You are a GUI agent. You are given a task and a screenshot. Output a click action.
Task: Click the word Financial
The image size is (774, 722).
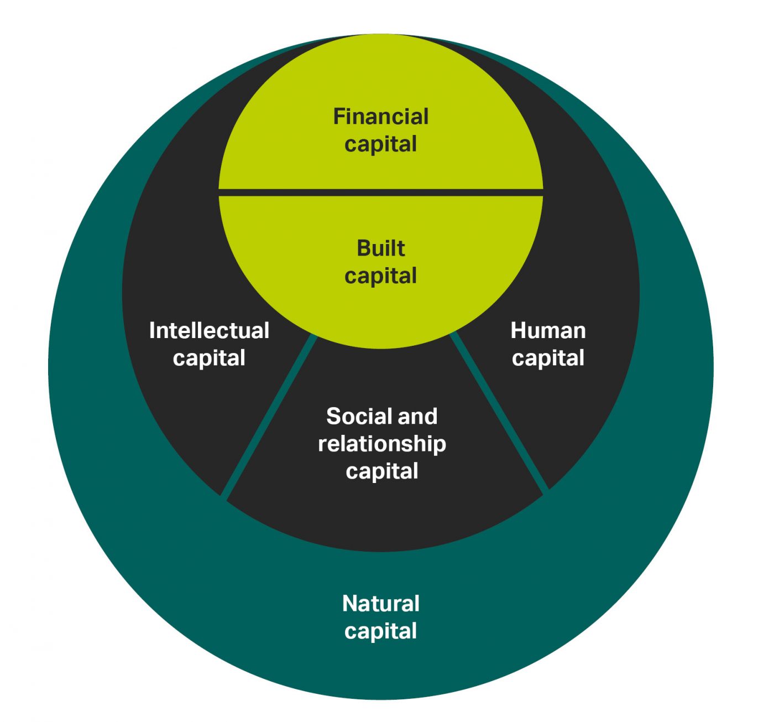pyautogui.click(x=380, y=117)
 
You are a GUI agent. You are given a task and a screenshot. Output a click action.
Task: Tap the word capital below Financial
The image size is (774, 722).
pyautogui.click(x=380, y=145)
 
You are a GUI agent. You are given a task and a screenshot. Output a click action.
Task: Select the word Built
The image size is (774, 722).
pyautogui.click(x=380, y=248)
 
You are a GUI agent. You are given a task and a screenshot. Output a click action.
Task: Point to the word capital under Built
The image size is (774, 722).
pyautogui.click(x=380, y=276)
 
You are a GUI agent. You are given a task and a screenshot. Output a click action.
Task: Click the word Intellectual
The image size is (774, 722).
pyautogui.click(x=209, y=331)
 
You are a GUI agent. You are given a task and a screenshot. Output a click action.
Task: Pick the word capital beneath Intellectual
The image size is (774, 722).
pyautogui.click(x=209, y=359)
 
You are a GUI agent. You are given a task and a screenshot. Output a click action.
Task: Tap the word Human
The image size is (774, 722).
pyautogui.click(x=548, y=331)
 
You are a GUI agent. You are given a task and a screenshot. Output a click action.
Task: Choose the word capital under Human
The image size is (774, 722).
pyautogui.click(x=548, y=359)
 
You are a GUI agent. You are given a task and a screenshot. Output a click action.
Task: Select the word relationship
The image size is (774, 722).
pyautogui.click(x=381, y=444)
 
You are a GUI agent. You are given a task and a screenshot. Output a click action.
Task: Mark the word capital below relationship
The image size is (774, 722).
pyautogui.click(x=381, y=472)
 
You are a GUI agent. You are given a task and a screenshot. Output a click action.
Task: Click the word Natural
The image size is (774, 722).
pyautogui.click(x=380, y=604)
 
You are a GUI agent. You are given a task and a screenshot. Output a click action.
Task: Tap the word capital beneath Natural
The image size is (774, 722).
pyautogui.click(x=380, y=631)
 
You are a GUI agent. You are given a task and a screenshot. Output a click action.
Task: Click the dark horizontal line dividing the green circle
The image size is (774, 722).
pyautogui.click(x=380, y=192)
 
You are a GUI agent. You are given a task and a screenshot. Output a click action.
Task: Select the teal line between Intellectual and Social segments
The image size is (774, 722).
pyautogui.click(x=269, y=415)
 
